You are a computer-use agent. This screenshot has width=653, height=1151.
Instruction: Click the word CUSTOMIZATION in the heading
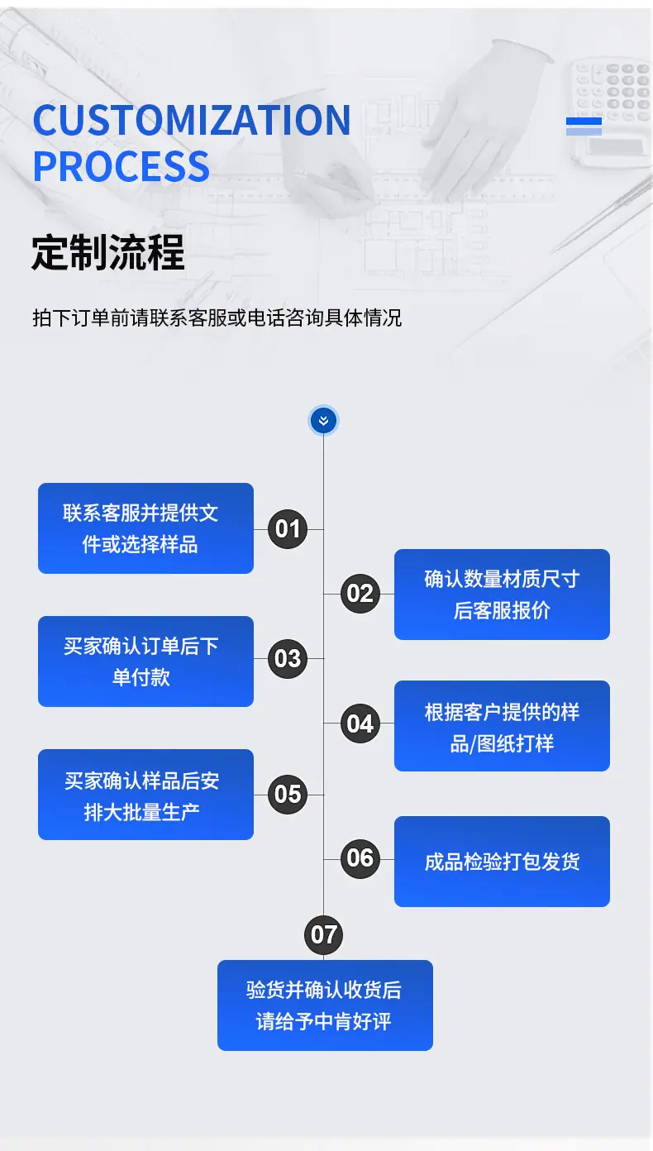click(192, 120)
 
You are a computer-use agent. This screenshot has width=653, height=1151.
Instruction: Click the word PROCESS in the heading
click(122, 166)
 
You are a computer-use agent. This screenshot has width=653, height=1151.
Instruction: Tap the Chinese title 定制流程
click(108, 252)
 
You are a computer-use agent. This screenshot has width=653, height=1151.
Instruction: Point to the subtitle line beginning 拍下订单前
click(217, 318)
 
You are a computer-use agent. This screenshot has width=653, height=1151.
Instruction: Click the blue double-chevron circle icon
click(323, 420)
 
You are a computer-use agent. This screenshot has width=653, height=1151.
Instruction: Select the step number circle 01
click(288, 528)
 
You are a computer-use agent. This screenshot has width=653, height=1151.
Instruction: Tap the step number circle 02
click(360, 594)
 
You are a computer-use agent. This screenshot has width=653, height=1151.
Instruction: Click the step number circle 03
click(288, 659)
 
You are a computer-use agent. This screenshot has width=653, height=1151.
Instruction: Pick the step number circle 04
click(360, 724)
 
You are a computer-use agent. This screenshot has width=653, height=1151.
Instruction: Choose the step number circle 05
click(288, 795)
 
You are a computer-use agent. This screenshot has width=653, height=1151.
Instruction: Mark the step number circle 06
click(360, 858)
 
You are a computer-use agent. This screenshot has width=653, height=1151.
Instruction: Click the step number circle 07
click(323, 935)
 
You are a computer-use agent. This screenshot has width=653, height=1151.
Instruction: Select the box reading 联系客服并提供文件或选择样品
click(146, 528)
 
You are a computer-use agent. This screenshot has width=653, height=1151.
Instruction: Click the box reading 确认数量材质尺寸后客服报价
click(502, 595)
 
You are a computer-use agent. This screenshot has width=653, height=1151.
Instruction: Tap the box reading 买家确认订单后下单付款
click(146, 661)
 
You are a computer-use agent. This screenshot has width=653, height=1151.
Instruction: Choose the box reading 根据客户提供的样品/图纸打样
click(502, 726)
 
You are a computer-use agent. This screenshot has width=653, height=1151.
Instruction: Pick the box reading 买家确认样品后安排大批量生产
click(146, 795)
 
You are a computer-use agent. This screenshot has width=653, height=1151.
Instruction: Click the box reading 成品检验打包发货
click(502, 862)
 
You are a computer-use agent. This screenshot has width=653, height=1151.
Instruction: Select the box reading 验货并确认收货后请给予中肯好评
click(325, 1005)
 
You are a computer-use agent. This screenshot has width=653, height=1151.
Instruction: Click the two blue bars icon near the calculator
click(584, 127)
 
